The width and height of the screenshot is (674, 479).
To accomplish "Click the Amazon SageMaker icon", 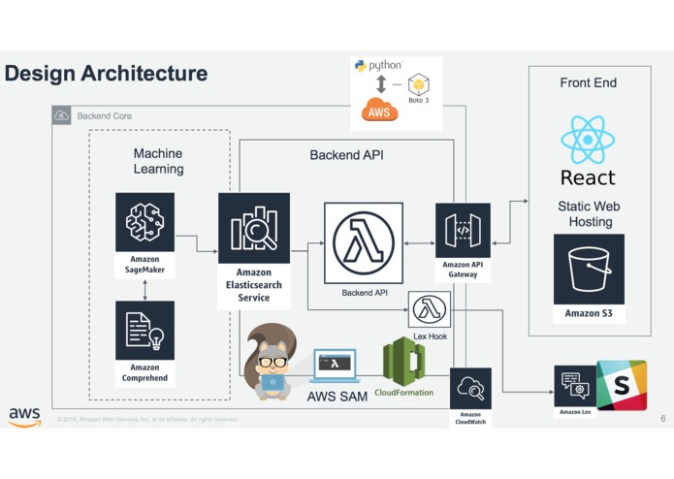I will (144, 222).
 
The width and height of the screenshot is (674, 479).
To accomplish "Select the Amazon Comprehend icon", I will (144, 331).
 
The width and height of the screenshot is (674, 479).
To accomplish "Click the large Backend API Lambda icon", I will (363, 242).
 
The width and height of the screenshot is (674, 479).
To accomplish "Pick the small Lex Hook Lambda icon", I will (430, 310).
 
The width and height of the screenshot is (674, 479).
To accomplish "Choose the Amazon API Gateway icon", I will (463, 230).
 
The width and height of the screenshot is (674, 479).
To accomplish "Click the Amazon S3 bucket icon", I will (589, 269).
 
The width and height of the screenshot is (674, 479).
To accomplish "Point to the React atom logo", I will (588, 141).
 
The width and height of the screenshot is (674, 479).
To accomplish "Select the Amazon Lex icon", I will (575, 386).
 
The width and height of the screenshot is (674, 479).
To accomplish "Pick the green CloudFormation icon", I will (403, 362).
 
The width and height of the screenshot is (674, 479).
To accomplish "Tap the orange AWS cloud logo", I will (379, 111).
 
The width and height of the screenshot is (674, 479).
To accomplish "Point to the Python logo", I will (361, 66).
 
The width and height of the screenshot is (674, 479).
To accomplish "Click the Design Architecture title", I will (106, 73).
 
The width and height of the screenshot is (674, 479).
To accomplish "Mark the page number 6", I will (663, 419).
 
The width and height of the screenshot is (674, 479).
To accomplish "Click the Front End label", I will (588, 83).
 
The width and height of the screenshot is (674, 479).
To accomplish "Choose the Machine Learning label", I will (158, 161).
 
